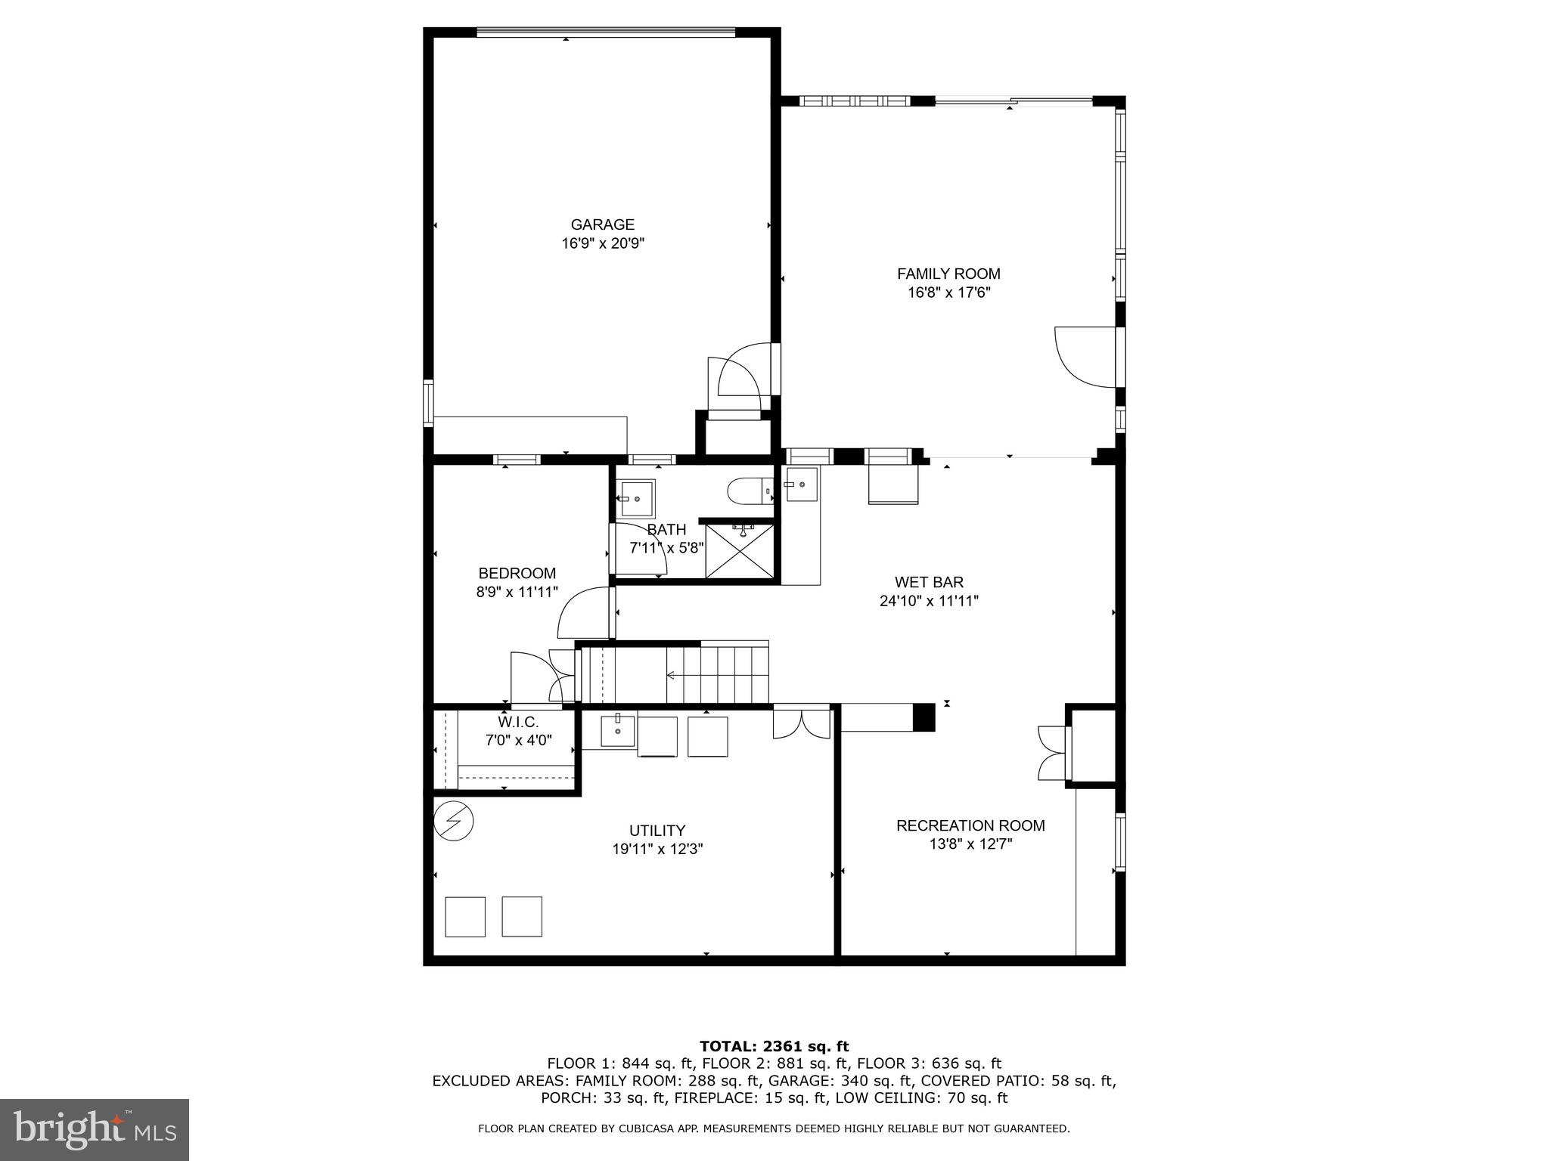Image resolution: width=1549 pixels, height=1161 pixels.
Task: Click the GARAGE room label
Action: [x=602, y=224]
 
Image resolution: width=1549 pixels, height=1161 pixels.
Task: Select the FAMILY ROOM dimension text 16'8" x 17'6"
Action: [x=948, y=293]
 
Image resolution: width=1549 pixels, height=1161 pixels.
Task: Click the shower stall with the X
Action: [x=740, y=551]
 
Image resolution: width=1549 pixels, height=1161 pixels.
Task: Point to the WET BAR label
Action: [x=929, y=582]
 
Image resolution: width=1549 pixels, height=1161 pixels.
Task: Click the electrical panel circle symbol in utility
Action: [x=454, y=820]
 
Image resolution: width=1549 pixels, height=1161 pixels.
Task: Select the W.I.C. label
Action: [x=518, y=723]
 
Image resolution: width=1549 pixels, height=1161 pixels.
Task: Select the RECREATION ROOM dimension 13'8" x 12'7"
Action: [x=970, y=844]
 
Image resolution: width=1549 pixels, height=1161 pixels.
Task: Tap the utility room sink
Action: [x=618, y=730]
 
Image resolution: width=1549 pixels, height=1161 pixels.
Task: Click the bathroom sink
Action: [x=637, y=498]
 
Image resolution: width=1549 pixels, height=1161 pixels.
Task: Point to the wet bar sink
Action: [x=801, y=484]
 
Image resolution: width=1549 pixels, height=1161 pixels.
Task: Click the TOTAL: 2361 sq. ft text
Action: [x=774, y=1046]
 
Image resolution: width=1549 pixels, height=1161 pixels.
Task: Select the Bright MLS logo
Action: [x=95, y=1129]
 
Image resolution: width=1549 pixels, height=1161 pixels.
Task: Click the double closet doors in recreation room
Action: [x=1052, y=753]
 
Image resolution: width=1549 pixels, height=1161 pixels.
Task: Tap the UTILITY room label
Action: [x=657, y=830]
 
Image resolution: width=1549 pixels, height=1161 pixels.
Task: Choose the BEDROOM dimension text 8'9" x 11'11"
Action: [x=517, y=592]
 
